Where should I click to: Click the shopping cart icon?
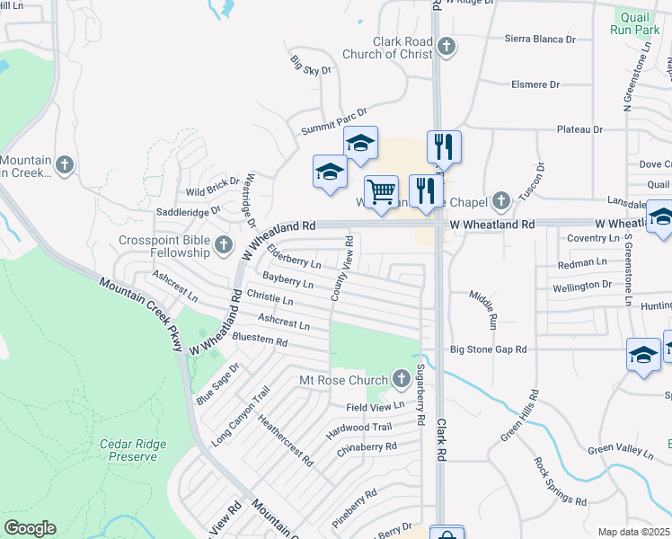click(x=382, y=191)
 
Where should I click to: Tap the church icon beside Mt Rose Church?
click(x=401, y=378)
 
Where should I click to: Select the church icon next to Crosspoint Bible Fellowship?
click(x=225, y=243)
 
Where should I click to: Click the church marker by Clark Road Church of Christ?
click(x=447, y=46)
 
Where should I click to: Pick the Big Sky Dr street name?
click(x=311, y=65)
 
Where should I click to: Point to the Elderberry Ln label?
click(x=294, y=258)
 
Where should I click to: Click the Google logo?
click(x=30, y=528)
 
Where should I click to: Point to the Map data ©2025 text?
click(x=634, y=532)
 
